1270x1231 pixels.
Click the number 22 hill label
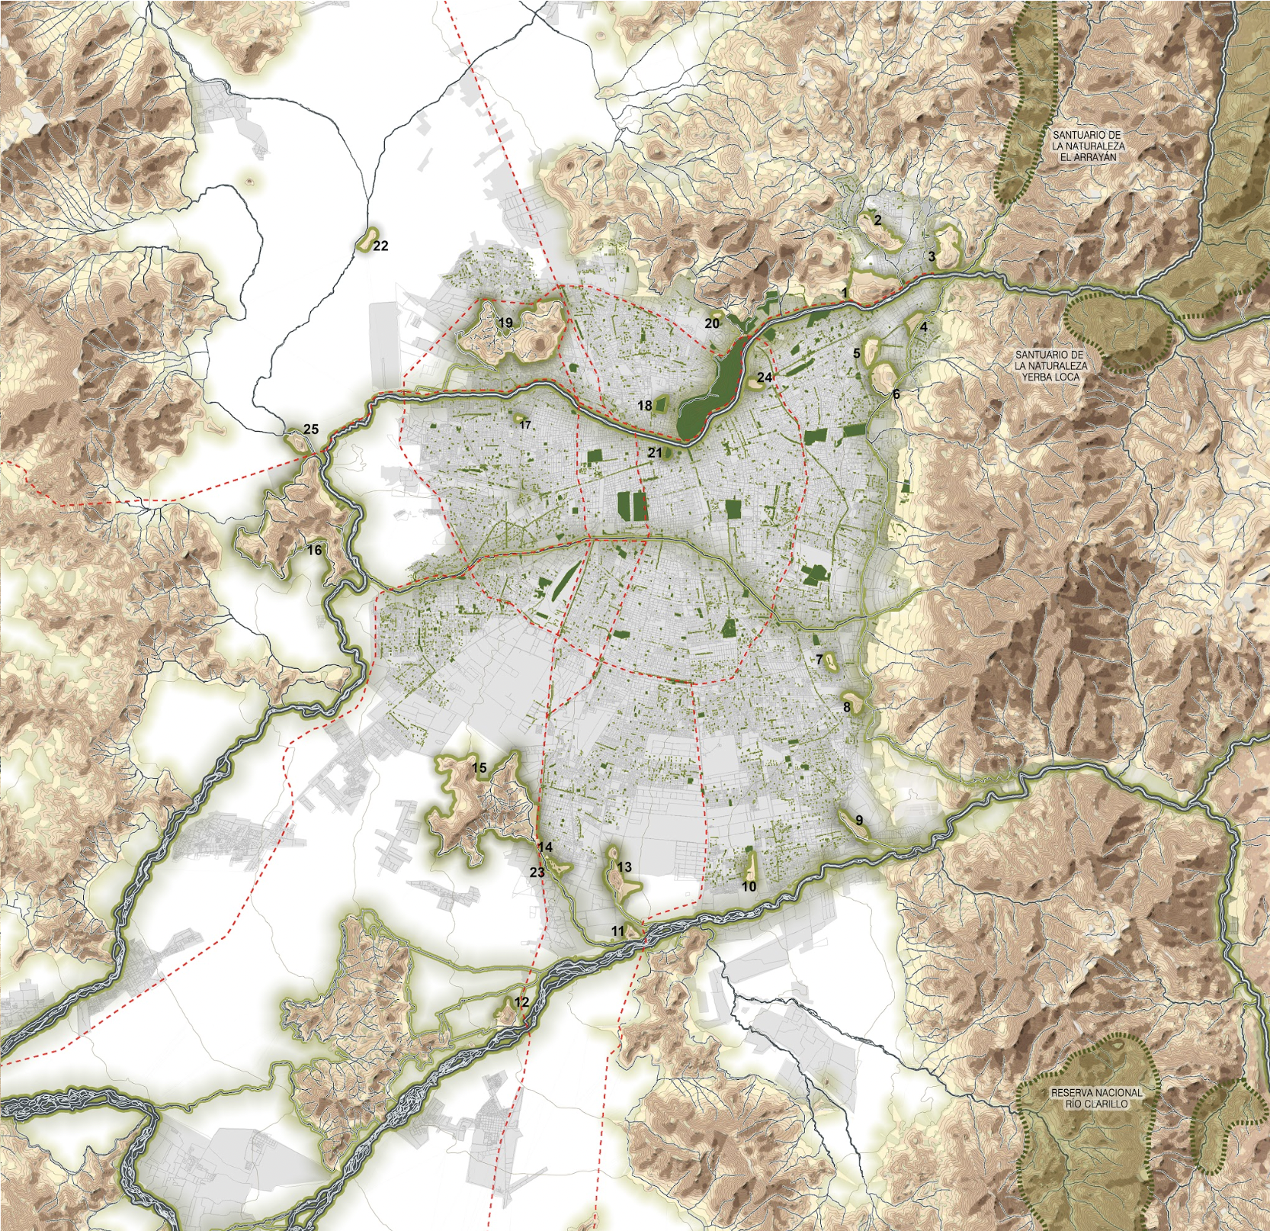tap(380, 246)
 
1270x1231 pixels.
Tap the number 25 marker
tap(311, 429)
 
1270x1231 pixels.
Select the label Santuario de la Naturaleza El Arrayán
tap(1088, 146)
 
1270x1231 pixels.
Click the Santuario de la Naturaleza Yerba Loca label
tap(1050, 366)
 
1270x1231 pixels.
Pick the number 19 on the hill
tap(505, 323)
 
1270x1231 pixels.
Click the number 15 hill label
tap(479, 767)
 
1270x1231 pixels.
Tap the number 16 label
tap(314, 550)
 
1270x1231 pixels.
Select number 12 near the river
tap(521, 1002)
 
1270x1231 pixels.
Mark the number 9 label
tap(859, 820)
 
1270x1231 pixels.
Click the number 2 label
tap(877, 220)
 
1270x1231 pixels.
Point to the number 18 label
tap(645, 406)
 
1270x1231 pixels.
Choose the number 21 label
tap(655, 452)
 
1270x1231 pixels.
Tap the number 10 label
tap(749, 886)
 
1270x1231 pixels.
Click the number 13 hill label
tap(624, 867)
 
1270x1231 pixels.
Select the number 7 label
tap(819, 660)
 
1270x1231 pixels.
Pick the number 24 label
tap(765, 378)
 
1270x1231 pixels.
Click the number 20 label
tap(712, 323)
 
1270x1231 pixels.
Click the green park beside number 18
tap(661, 405)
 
